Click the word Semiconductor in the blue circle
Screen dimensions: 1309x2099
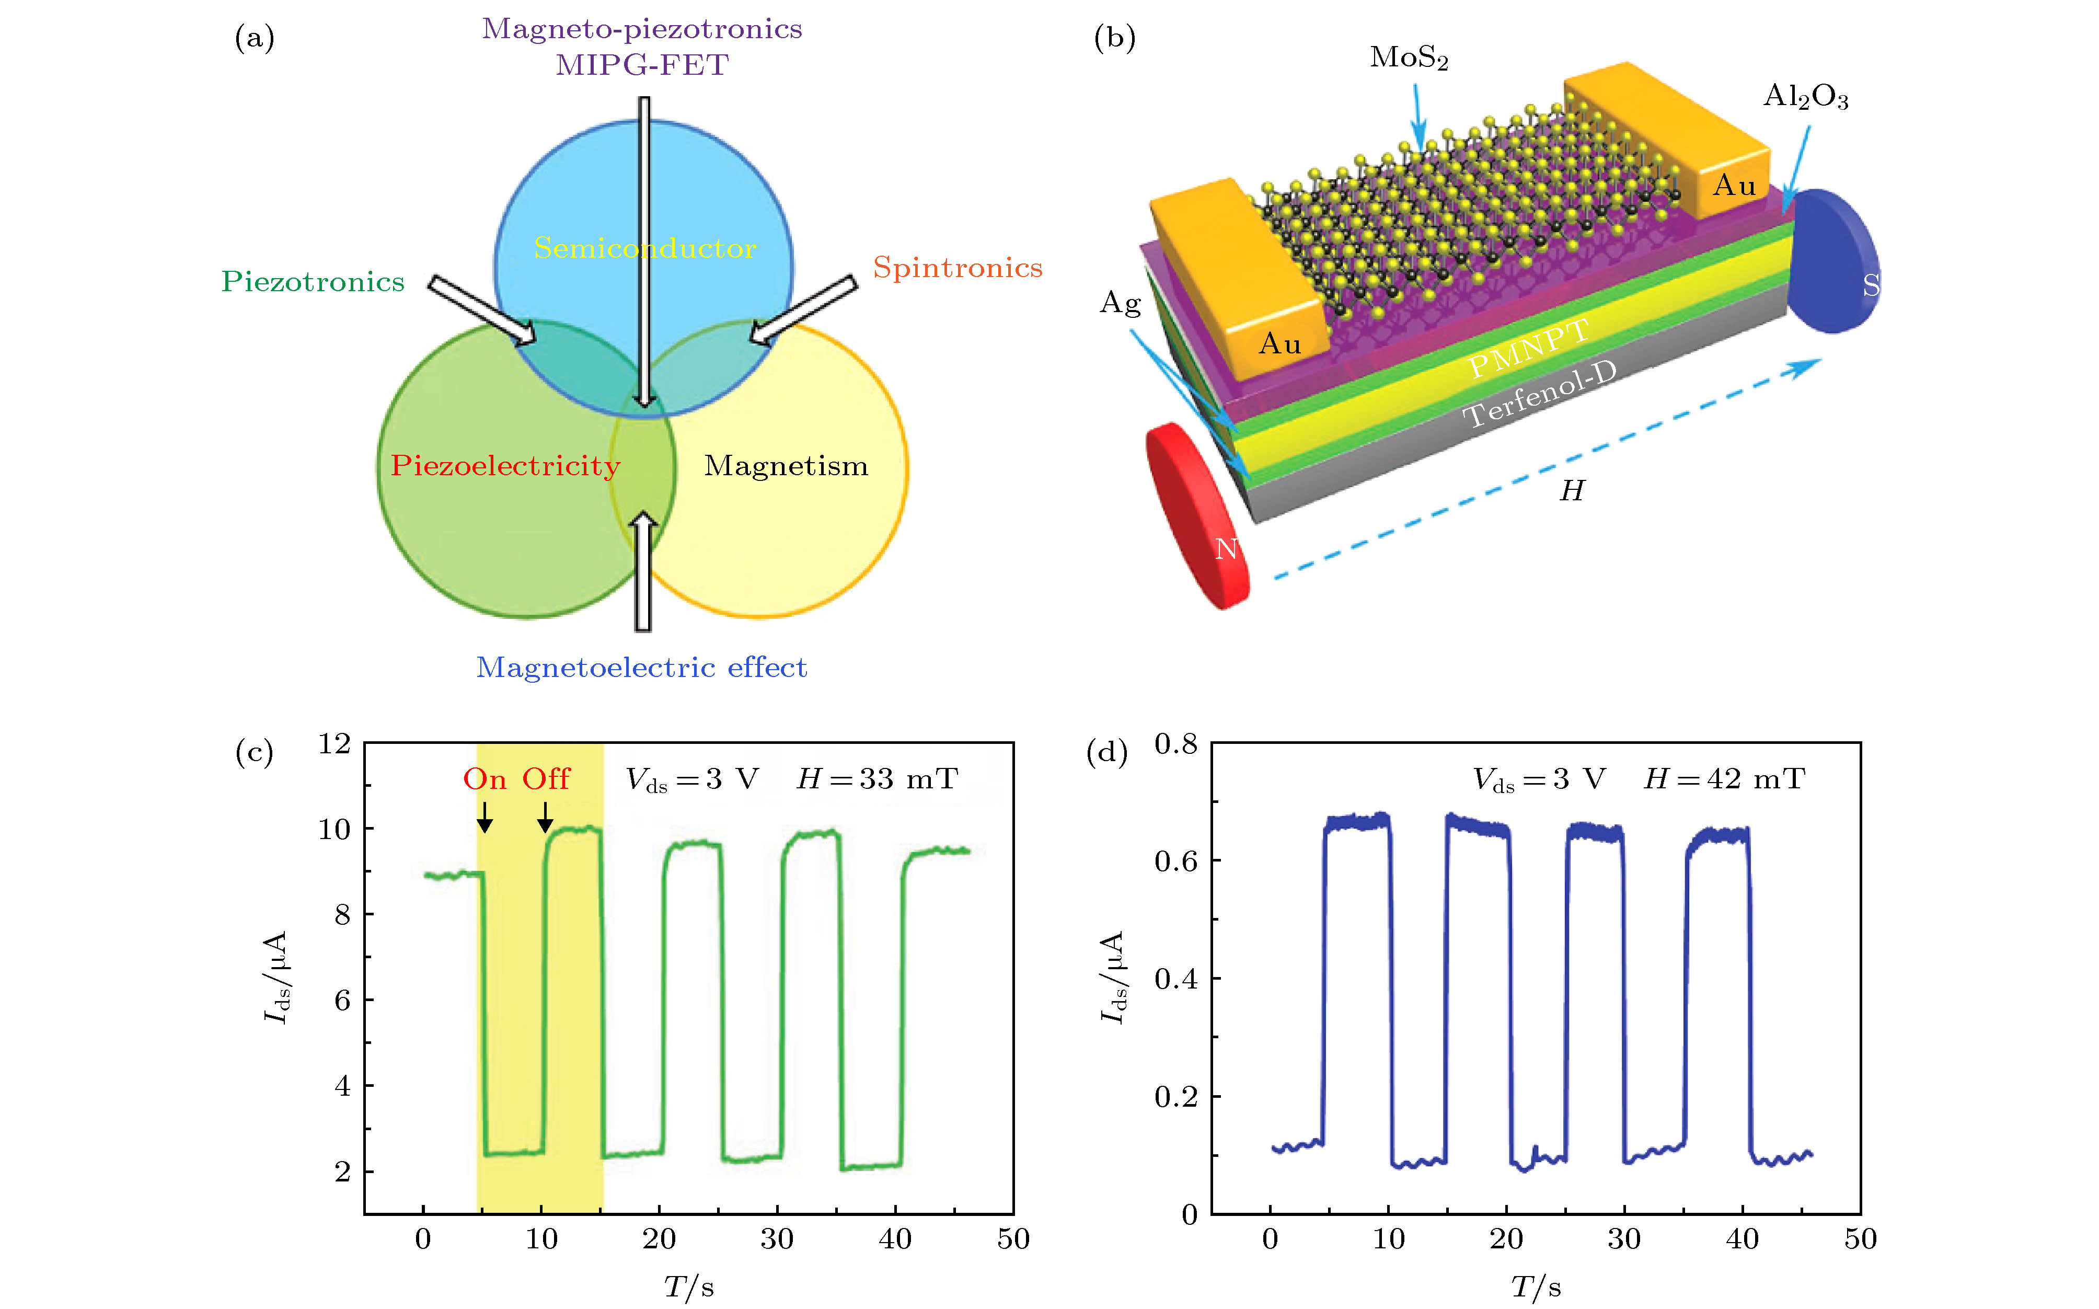[645, 248]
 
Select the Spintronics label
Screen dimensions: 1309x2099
[958, 268]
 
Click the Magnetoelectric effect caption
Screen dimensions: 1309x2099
[641, 668]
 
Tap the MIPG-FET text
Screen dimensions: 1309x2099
[642, 65]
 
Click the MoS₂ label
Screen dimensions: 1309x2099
[1408, 58]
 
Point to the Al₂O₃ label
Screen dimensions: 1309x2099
[1806, 96]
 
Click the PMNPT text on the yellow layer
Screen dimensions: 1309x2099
[1529, 348]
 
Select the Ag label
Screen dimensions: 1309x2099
[1120, 303]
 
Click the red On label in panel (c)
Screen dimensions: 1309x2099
[485, 779]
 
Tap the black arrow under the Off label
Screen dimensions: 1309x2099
[545, 817]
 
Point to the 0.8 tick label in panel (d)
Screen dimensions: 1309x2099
[1175, 744]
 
